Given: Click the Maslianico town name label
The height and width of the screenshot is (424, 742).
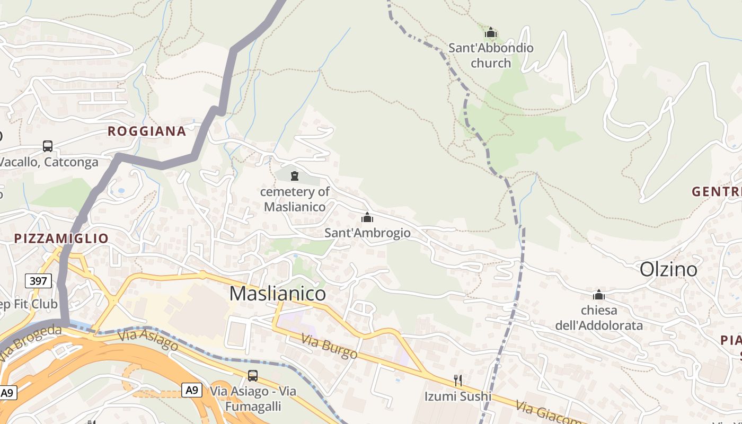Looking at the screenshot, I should point(278,293).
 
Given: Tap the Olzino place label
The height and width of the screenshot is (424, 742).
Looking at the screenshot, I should point(668,269).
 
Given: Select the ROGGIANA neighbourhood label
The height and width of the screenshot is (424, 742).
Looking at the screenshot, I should point(147,131).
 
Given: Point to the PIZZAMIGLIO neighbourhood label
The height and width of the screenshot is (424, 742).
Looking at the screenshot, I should point(61,238).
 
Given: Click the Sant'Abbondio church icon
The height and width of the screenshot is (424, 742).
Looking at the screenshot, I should point(491,33).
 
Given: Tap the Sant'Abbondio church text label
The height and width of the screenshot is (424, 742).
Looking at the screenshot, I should point(491,55).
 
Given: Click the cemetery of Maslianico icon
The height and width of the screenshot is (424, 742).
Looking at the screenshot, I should point(295,176).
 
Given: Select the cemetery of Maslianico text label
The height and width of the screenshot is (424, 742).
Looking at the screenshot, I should point(295,199).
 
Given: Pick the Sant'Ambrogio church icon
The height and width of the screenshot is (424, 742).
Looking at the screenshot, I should point(367,217).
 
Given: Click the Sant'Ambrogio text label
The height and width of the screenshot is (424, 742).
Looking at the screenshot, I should point(367,233).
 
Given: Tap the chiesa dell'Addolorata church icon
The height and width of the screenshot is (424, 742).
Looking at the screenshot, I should point(599,295).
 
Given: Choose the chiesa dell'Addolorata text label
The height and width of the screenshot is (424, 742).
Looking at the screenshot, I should point(599,317).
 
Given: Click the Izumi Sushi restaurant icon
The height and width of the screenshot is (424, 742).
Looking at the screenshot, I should point(458,380).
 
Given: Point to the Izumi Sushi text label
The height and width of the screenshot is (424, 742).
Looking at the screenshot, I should point(458,396).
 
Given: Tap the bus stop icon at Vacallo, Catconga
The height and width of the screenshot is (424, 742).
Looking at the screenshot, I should point(48,146).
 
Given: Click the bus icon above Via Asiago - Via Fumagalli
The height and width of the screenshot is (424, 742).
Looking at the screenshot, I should point(253,376).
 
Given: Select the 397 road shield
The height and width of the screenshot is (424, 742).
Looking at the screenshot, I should point(38,281).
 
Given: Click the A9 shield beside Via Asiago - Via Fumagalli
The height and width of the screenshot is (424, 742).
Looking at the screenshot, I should point(192,391).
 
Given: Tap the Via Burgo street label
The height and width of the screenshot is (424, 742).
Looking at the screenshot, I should point(329,347).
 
